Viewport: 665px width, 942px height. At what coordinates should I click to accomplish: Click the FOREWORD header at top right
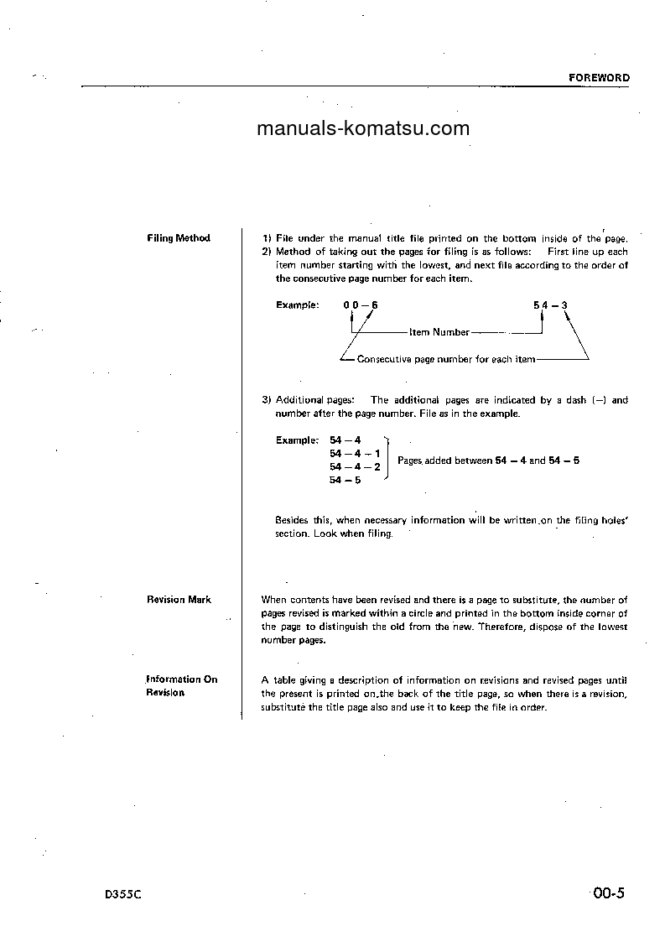[599, 77]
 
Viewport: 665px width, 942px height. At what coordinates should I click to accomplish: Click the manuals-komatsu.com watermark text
[362, 128]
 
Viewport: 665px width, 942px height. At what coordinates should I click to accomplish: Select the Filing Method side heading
[178, 238]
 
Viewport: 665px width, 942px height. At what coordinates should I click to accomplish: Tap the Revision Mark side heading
[179, 600]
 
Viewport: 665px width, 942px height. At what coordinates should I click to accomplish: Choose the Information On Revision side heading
[181, 686]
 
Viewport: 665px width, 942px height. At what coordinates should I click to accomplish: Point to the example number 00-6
[361, 305]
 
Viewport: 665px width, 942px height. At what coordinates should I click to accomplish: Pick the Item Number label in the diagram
[439, 333]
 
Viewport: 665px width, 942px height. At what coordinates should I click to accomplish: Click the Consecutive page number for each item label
[445, 360]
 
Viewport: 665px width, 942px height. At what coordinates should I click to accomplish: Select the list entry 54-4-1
[356, 453]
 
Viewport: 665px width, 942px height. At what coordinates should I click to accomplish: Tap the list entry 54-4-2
[356, 466]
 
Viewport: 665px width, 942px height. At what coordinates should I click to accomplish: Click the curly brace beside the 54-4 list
[387, 460]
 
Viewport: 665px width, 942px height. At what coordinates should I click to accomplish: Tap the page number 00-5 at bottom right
[608, 893]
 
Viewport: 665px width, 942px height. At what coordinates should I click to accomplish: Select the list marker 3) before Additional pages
[267, 400]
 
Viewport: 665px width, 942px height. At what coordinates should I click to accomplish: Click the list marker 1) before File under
[267, 238]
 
